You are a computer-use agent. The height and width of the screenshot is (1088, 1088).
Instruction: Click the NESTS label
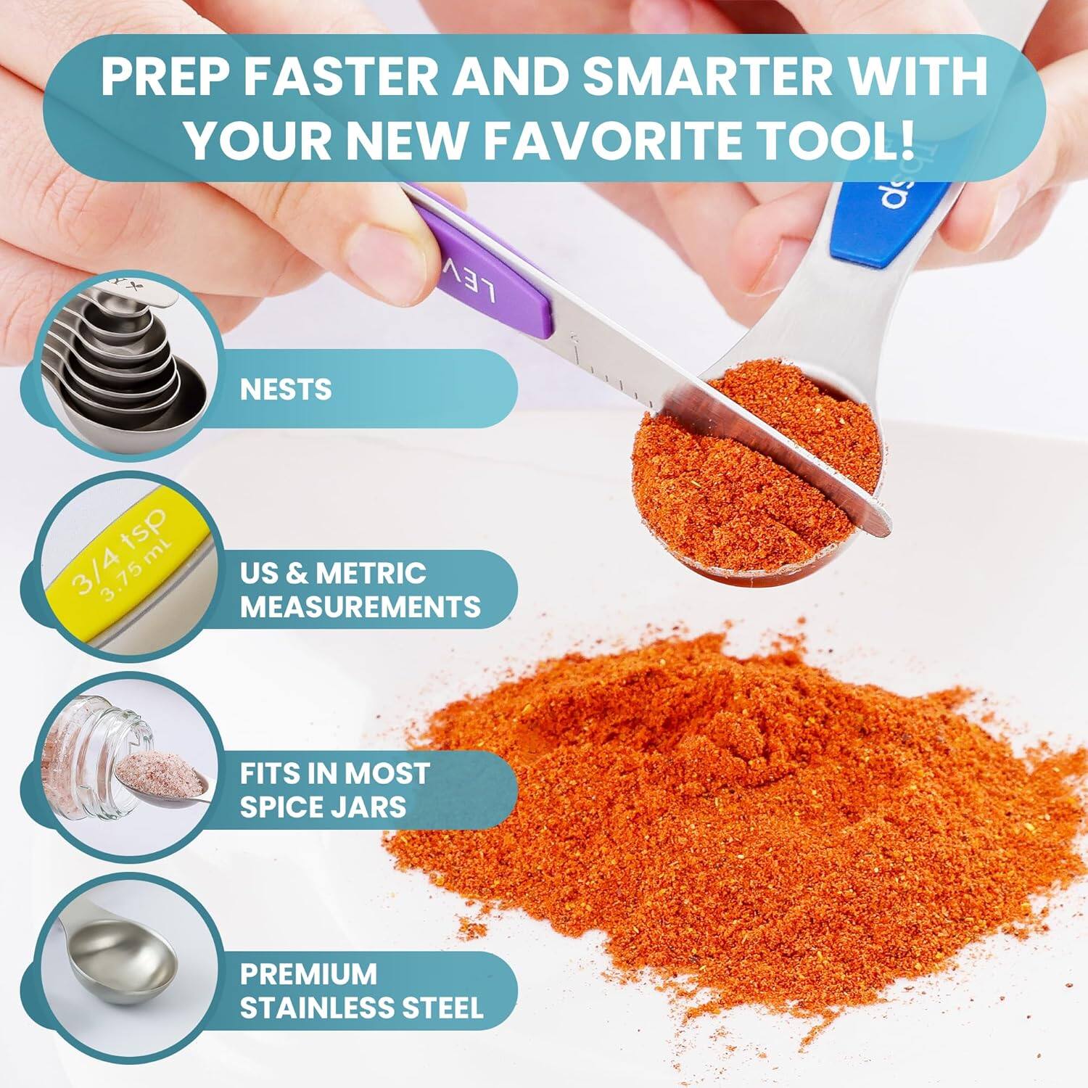click(x=286, y=390)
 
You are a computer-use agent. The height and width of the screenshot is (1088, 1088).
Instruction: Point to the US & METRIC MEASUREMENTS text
click(x=360, y=589)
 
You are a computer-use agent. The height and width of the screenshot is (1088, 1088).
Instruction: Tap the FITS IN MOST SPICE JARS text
click(x=334, y=789)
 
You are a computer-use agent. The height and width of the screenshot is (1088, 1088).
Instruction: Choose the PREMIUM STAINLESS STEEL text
click(x=361, y=989)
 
